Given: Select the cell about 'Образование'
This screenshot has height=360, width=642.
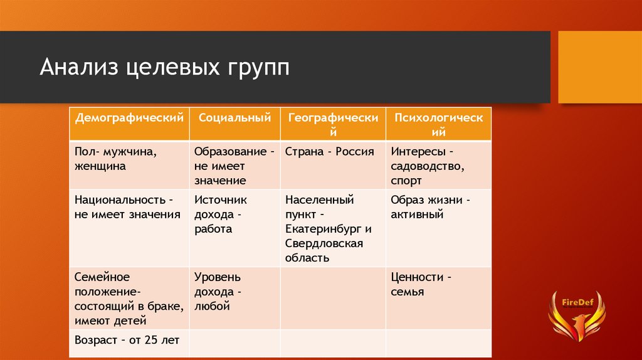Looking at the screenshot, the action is coord(234,166).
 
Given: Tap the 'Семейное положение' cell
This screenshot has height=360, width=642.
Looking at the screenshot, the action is coord(129,299).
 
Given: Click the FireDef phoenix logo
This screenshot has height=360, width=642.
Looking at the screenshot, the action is coord(577,315).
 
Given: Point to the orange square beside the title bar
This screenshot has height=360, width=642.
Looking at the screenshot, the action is coord(600,67).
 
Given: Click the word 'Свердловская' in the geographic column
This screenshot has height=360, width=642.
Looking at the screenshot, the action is coord(324,243).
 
